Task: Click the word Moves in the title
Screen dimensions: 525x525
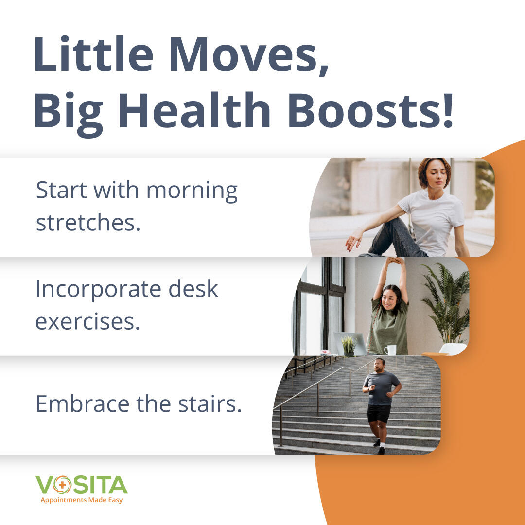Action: (x=244, y=54)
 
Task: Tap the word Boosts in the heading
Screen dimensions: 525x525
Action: (x=370, y=110)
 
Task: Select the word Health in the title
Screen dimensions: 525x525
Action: (x=194, y=110)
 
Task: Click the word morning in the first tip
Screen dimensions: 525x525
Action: (x=192, y=192)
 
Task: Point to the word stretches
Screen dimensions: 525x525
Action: (x=88, y=222)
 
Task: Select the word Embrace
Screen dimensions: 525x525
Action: (x=82, y=403)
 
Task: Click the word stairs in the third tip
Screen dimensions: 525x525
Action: (x=210, y=403)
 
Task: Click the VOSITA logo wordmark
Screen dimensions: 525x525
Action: (x=81, y=485)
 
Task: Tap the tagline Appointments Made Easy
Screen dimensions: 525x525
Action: (x=82, y=500)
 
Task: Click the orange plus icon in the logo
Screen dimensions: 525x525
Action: (x=62, y=485)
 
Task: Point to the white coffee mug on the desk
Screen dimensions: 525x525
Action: (x=390, y=350)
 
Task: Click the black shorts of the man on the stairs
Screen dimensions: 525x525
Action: (x=379, y=414)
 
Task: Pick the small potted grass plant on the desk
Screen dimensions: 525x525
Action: (x=349, y=346)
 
